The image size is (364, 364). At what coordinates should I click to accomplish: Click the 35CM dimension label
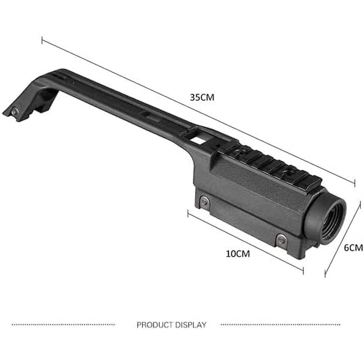(x=202, y=97)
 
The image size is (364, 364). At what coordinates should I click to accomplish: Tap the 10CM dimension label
(x=238, y=254)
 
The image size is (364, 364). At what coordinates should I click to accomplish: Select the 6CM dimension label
(x=353, y=248)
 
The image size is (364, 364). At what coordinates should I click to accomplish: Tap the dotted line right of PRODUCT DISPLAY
(x=280, y=325)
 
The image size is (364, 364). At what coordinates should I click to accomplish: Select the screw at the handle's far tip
(x=14, y=112)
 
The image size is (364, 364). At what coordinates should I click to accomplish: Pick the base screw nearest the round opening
(x=281, y=240)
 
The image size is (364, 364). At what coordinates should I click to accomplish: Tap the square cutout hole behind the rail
(x=198, y=140)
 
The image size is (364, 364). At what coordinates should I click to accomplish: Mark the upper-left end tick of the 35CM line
(x=42, y=40)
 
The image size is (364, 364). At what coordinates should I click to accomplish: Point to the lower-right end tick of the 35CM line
(x=355, y=183)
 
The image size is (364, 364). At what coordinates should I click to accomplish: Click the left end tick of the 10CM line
(x=188, y=214)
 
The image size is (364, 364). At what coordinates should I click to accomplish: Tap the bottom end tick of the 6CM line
(x=325, y=273)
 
